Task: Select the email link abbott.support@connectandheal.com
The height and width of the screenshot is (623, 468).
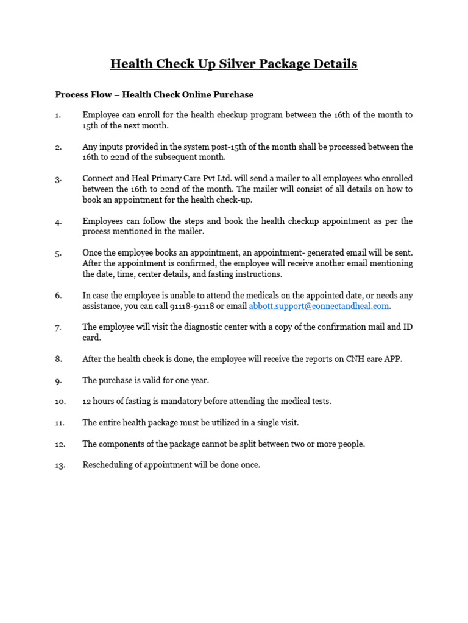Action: tap(319, 306)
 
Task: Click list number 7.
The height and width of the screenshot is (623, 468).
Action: tap(58, 327)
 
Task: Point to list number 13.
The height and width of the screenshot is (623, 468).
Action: tap(60, 465)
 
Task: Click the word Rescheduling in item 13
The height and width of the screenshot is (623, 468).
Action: tap(108, 465)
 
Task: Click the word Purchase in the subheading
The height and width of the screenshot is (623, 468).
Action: tap(235, 94)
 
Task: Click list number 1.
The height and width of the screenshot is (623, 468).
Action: tap(58, 115)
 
